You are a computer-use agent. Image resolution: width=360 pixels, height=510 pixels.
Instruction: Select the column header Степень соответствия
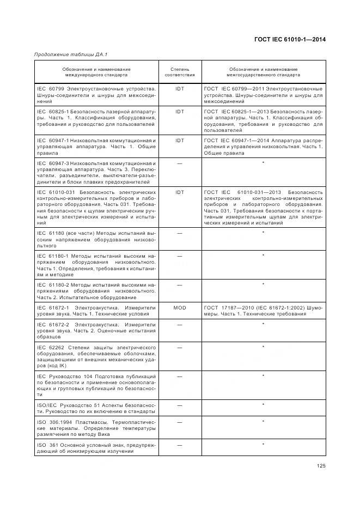(179, 72)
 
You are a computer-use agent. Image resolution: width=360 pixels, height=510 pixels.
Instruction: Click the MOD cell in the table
(179, 308)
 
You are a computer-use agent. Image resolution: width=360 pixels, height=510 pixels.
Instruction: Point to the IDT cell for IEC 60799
(179, 88)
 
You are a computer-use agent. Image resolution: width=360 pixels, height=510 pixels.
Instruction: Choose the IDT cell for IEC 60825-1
(179, 112)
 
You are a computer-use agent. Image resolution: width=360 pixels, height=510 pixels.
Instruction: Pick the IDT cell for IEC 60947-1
(179, 141)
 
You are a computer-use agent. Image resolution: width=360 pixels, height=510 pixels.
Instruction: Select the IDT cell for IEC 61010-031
(179, 192)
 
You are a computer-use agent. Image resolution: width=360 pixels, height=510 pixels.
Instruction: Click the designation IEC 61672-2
(52, 324)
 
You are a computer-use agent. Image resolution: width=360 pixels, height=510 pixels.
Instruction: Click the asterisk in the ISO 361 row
(263, 445)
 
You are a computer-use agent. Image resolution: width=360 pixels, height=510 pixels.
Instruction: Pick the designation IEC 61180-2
(52, 284)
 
